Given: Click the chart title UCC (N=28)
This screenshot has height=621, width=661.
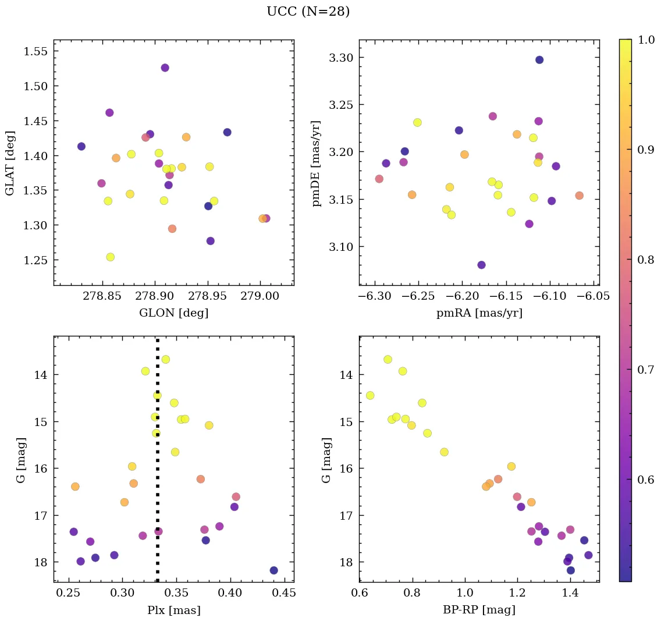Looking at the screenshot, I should click(x=308, y=12).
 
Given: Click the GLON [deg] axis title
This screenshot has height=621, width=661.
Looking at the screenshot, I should click(x=173, y=313).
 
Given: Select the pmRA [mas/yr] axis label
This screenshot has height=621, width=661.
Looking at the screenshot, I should click(x=479, y=313).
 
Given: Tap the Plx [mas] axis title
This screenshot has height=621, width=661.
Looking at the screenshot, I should click(x=173, y=611).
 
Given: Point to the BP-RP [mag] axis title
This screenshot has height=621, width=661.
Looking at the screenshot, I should click(x=479, y=611).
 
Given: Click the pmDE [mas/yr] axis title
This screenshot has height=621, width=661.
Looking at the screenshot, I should click(x=317, y=162).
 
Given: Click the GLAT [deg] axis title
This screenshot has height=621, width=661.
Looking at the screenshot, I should click(x=10, y=162).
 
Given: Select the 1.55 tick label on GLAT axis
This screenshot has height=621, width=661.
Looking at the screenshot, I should click(x=35, y=51).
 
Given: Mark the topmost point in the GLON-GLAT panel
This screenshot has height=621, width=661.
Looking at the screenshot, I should click(x=165, y=68).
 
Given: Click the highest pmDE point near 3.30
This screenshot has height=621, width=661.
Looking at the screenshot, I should click(x=539, y=60).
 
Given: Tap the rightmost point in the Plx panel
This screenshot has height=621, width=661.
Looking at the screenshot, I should click(x=273, y=570).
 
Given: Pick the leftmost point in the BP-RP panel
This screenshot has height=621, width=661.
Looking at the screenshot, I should click(x=370, y=396).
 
